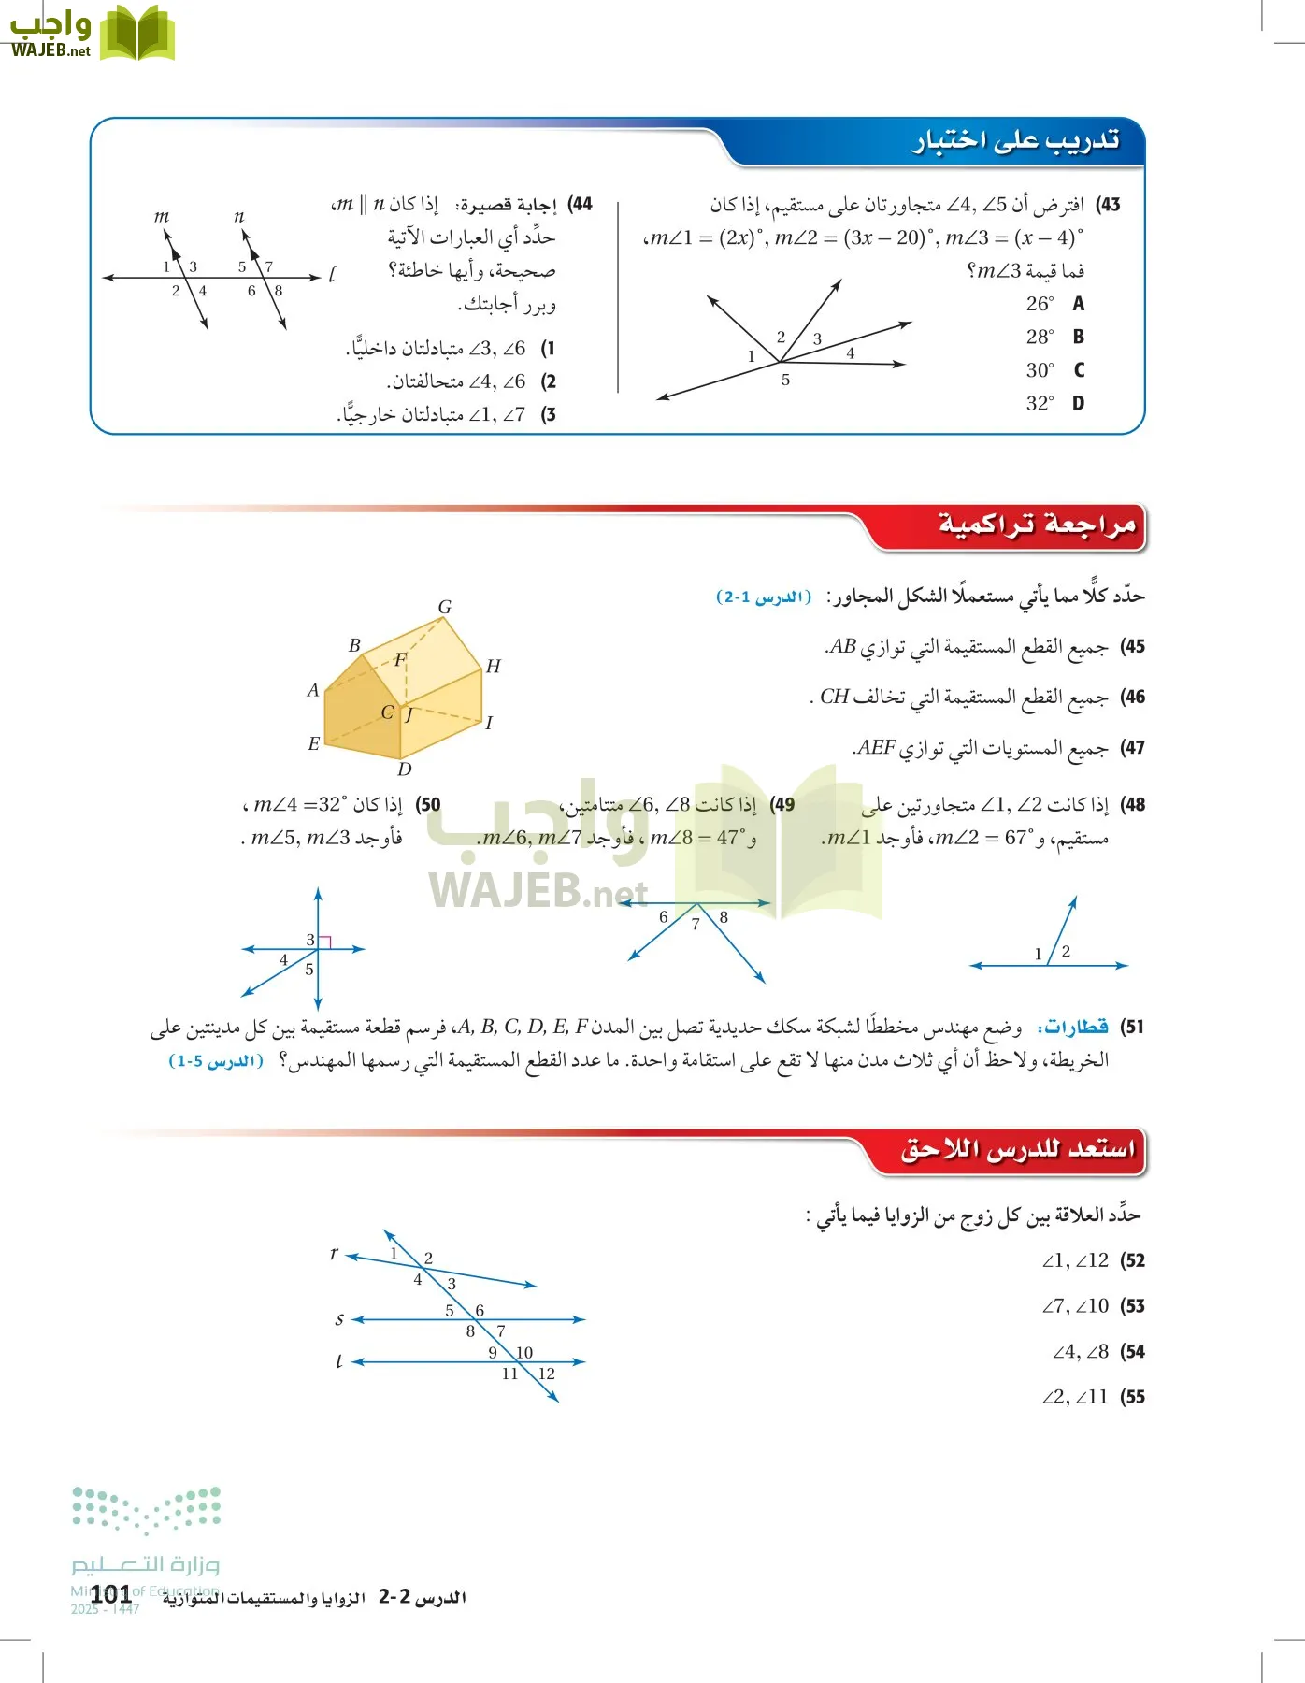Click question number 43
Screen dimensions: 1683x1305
coord(1109,204)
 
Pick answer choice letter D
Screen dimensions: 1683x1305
coord(1078,403)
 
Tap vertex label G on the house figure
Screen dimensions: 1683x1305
coord(445,607)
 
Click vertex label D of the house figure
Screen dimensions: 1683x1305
coord(404,769)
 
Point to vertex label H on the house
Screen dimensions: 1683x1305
coord(494,666)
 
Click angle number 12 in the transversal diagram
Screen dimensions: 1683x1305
coord(547,1374)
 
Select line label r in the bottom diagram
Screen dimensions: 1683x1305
coord(334,1253)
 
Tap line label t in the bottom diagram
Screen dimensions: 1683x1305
coord(338,1361)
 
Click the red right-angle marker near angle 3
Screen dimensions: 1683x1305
coord(325,942)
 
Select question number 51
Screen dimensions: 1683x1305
coord(1132,1027)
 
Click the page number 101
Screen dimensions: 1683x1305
coord(110,1594)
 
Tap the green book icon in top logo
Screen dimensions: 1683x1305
coord(137,34)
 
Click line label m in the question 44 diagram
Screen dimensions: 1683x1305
coord(162,216)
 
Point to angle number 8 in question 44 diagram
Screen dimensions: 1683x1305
coord(279,291)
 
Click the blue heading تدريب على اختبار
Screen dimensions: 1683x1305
coord(1015,140)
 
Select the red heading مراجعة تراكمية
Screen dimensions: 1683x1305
coord(1037,525)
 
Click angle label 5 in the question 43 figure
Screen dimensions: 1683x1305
coord(785,380)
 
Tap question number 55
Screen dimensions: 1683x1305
coord(1132,1397)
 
